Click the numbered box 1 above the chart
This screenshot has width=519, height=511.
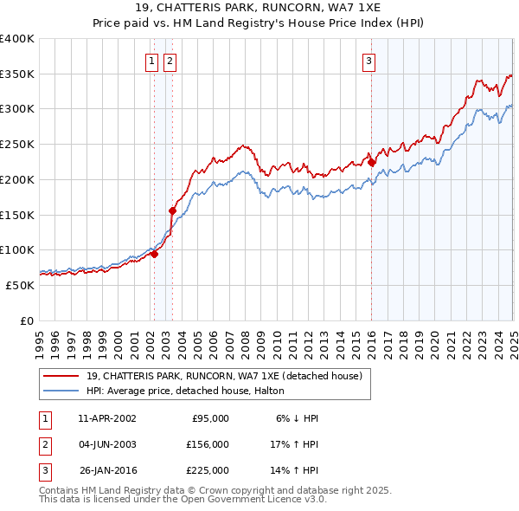tap(152, 61)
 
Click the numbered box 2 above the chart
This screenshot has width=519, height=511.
tap(169, 61)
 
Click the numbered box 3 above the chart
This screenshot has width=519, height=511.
tap(369, 61)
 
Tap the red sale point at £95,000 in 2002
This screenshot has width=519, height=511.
tap(154, 254)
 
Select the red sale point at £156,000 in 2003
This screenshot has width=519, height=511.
tap(172, 210)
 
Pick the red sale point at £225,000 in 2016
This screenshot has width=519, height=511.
tap(372, 162)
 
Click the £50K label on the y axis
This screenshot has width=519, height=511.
tap(21, 285)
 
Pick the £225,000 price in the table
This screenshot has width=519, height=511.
tap(208, 470)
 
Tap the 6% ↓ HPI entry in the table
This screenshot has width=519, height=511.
tap(298, 418)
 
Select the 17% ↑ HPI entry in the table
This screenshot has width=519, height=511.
tap(295, 444)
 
